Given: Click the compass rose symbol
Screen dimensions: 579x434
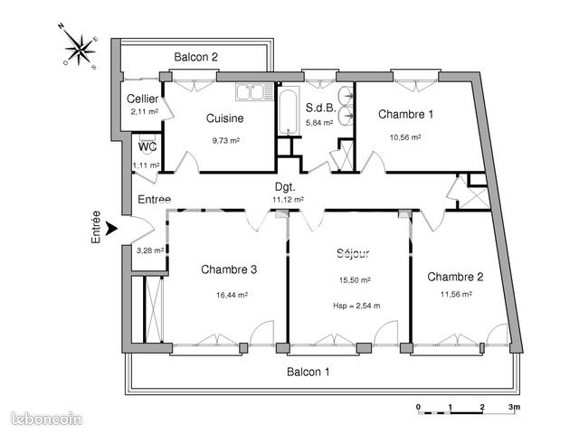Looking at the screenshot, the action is tap(79, 47).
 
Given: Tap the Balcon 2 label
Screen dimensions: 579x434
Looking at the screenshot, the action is tap(195, 57).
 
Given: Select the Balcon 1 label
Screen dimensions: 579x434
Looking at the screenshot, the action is tap(308, 372).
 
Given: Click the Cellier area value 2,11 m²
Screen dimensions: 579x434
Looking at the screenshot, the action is tap(145, 111).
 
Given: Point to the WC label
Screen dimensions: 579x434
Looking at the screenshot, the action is tap(147, 146).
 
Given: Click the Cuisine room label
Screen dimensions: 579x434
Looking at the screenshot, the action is tap(225, 118).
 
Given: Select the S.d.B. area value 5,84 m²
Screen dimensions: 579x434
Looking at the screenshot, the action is tap(319, 123).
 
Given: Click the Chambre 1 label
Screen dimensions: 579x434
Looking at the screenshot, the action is tap(405, 114).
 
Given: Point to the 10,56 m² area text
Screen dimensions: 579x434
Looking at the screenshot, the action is tap(405, 137).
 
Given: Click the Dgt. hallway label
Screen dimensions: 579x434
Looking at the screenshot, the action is tap(285, 187).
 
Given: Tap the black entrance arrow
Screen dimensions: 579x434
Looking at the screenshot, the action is tap(111, 229).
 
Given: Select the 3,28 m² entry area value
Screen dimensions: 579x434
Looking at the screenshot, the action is tap(150, 250).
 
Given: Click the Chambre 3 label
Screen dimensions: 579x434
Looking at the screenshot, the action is tap(229, 269).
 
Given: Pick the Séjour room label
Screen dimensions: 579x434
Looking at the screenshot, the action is tap(353, 253).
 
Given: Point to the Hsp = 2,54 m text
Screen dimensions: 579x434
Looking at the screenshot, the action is tap(356, 306).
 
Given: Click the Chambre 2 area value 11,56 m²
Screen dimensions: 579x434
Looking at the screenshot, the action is tap(456, 294).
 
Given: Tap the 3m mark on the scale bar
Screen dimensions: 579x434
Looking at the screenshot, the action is tap(514, 407).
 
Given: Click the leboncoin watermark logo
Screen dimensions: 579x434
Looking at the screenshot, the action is tap(46, 419).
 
